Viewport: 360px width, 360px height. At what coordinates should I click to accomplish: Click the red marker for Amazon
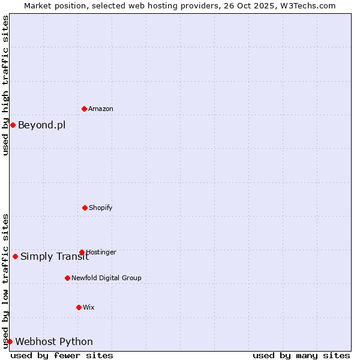coord(84,109)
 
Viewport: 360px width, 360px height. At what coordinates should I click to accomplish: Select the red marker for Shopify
coord(85,208)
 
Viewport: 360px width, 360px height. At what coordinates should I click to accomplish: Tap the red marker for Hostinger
coord(82,252)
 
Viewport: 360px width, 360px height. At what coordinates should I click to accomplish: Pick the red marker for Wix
coord(79,307)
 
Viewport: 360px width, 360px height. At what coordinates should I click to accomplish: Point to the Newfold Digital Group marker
coord(67,278)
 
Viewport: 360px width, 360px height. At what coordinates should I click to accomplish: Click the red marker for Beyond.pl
coord(13,125)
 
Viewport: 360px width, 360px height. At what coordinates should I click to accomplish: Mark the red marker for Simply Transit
coord(15,256)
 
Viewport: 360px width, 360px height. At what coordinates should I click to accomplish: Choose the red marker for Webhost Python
coord(10,341)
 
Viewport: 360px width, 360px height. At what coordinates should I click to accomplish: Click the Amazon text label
coord(101,109)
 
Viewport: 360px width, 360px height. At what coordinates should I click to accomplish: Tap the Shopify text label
coord(101,208)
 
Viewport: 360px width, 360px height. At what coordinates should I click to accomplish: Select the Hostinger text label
coord(101,253)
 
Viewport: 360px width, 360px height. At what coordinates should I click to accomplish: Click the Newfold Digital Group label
coord(106,278)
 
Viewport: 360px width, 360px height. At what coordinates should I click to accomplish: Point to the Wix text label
coord(89,308)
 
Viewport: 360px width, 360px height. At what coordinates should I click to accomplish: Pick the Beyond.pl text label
coord(42,125)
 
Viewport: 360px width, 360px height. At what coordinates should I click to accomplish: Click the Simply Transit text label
coord(55,257)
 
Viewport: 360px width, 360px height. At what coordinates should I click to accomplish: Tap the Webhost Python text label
coord(54,342)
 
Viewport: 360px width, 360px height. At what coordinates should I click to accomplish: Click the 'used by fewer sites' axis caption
coord(62,355)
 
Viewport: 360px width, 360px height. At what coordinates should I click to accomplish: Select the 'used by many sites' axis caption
coord(301,355)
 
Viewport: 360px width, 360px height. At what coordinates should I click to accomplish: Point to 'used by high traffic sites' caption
coord(5,85)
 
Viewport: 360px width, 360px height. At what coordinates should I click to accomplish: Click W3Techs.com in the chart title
coord(307,5)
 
